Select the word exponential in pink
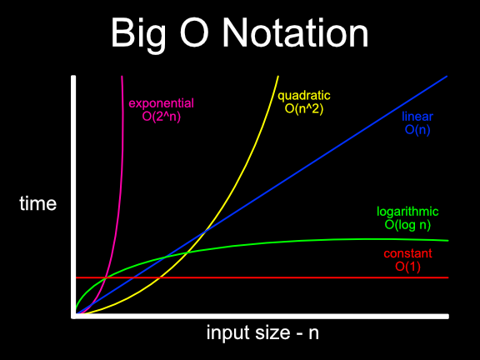pos(161,104)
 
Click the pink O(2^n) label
pos(161,117)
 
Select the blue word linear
pos(417,117)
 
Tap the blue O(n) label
pos(417,130)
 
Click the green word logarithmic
pos(407,212)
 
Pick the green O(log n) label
pos(407,225)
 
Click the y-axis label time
pos(37,203)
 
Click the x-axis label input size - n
pos(263,334)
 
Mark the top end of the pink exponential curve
pos(122,76)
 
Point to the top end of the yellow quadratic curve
pos(277,76)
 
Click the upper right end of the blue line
pos(447,76)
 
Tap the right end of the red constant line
pos(448,277)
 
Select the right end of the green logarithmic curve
pos(448,240)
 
